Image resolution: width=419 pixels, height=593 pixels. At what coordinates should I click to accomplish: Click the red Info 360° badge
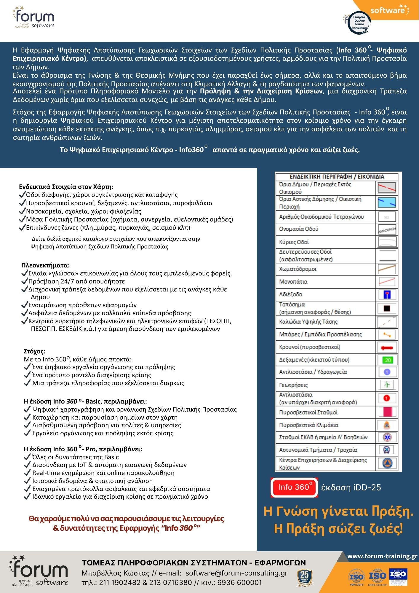294,487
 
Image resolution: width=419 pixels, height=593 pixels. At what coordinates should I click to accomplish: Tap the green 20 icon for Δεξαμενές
387,360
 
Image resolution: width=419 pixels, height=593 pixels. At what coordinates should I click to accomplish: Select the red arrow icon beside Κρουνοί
387,347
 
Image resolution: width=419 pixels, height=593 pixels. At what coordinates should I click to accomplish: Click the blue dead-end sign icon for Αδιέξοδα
387,294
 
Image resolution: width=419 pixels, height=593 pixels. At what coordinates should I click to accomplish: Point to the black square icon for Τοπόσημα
387,308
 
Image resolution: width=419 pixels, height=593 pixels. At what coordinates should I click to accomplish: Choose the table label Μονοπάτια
293,282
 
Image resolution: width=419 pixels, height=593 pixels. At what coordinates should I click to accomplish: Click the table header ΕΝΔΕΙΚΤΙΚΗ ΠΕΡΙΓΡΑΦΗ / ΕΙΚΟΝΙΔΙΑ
337,177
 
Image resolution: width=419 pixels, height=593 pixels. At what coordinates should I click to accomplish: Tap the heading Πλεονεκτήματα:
46,265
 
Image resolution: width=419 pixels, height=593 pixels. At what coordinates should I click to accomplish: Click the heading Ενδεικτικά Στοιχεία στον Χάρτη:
66,187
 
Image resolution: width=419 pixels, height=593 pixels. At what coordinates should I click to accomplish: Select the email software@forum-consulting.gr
236,573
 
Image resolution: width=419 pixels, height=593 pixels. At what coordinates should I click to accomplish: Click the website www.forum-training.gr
382,556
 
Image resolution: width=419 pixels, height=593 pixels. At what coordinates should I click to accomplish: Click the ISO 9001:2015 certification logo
356,577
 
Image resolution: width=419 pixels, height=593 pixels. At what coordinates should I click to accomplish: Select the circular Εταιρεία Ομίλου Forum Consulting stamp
359,22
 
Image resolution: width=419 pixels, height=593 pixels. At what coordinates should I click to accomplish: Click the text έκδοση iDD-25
351,487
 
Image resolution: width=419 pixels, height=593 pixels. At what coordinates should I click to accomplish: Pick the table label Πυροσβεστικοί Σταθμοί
308,412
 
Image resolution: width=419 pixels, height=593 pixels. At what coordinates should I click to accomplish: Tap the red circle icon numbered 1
387,398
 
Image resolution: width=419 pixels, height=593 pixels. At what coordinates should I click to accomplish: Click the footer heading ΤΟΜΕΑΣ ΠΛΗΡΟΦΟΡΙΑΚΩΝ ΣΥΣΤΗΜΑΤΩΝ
194,562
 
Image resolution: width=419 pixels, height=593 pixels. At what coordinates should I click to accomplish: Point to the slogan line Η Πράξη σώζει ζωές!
338,528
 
